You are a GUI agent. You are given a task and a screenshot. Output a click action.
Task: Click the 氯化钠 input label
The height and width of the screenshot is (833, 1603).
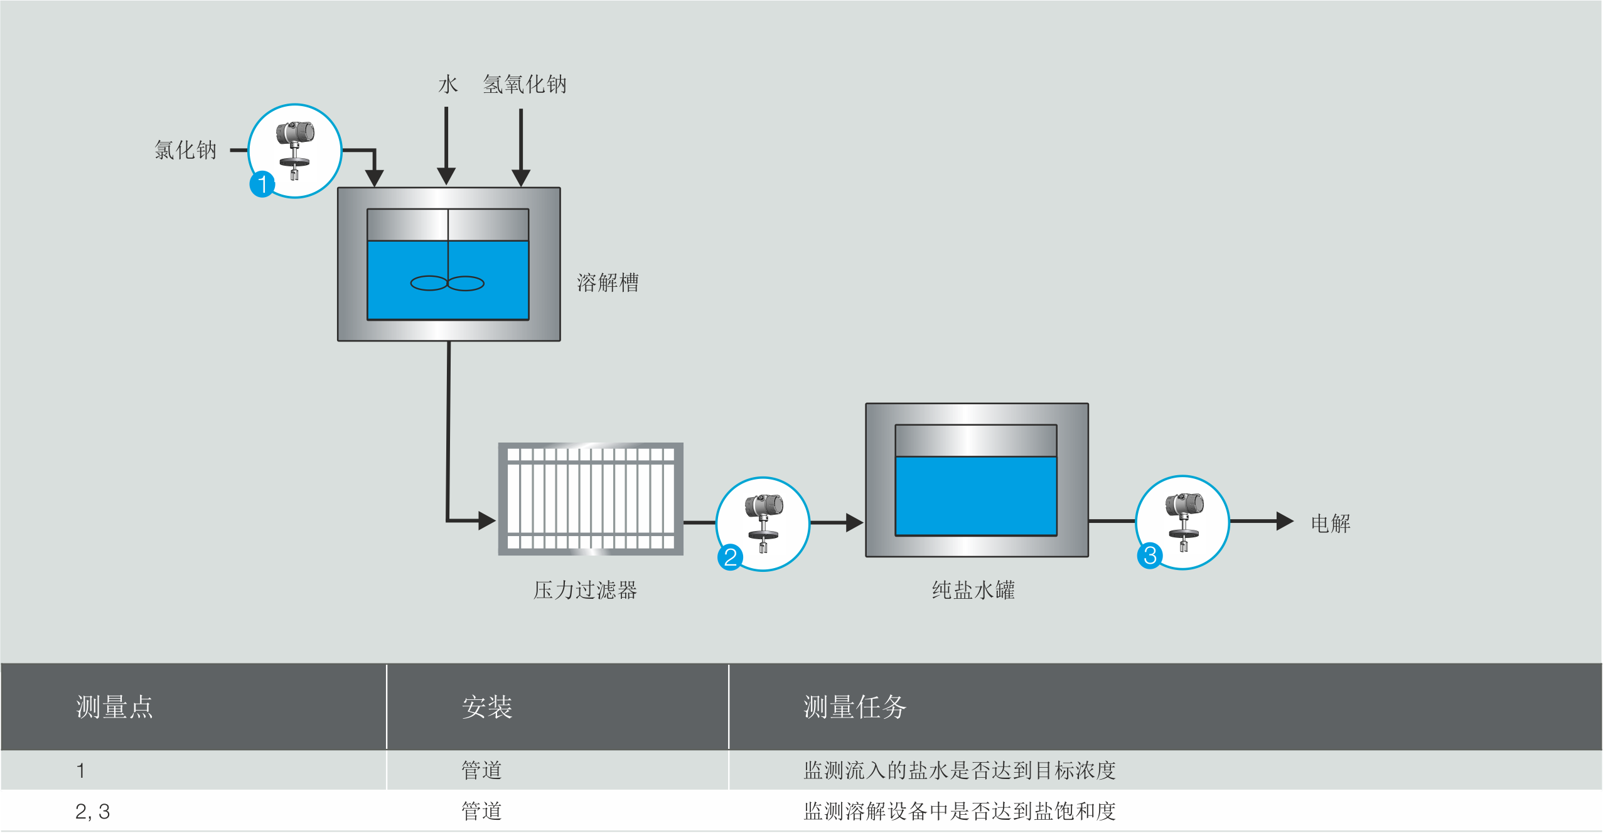click(185, 150)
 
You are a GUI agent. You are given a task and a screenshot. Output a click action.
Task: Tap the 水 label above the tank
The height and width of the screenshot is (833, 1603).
click(448, 84)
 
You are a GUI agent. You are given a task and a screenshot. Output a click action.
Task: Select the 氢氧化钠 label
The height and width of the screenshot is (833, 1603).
click(524, 84)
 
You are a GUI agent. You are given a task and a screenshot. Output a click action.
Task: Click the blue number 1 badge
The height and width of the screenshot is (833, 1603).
click(262, 185)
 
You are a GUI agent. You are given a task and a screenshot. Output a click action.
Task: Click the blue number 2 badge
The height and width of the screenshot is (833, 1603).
click(730, 557)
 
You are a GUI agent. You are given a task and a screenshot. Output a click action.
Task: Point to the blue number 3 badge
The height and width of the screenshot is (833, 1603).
click(1150, 556)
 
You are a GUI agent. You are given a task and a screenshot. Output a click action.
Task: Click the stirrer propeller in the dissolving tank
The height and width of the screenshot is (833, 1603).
click(447, 284)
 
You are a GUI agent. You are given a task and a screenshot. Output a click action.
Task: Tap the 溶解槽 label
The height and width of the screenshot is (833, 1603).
click(607, 283)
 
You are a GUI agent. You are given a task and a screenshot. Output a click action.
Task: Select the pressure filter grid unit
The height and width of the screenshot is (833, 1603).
click(591, 499)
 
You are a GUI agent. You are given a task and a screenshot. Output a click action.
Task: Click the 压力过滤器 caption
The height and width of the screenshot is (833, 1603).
click(584, 590)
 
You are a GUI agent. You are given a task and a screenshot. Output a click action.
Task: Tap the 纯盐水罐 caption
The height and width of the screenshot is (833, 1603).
click(973, 590)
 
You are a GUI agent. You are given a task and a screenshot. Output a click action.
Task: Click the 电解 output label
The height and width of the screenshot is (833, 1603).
click(1330, 524)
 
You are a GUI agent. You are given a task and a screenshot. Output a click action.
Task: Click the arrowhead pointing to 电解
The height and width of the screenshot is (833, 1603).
click(1284, 521)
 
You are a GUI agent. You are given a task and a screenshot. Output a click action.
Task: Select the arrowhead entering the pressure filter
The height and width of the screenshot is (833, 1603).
click(486, 520)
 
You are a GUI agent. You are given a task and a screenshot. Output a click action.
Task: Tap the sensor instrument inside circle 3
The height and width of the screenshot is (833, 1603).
click(1184, 520)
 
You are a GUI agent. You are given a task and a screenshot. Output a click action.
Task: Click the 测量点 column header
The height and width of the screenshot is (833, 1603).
click(114, 707)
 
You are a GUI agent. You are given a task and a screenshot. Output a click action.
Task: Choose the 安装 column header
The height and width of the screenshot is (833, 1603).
click(486, 707)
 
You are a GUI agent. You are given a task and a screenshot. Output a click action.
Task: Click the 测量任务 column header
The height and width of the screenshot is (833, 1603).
click(854, 707)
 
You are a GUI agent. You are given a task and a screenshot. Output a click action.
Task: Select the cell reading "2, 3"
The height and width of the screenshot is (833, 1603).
click(92, 812)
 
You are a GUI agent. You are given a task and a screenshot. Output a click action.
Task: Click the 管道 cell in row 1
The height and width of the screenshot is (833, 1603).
click(481, 770)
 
